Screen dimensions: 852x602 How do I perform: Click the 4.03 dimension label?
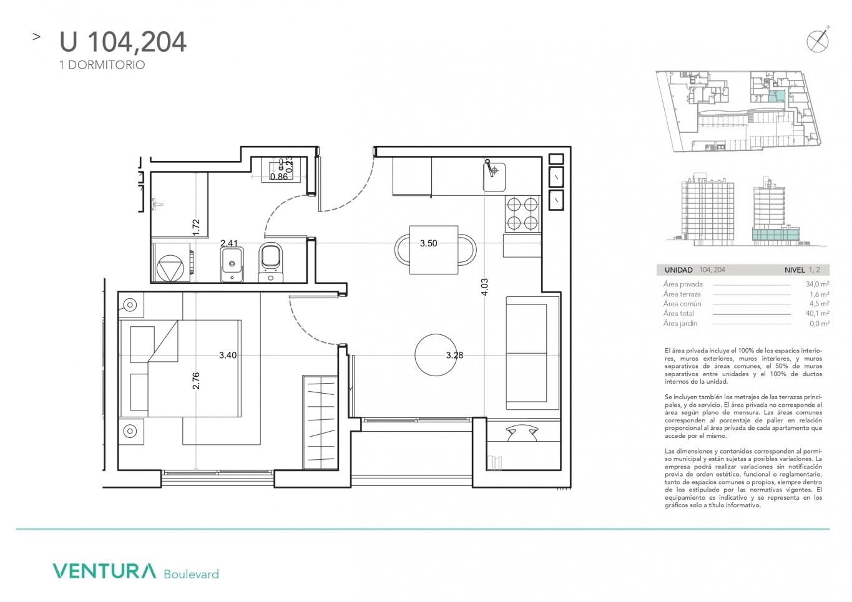pos(484,287)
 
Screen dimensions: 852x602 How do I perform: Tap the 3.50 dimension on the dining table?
pos(428,243)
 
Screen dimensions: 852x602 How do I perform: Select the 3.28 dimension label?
pos(454,355)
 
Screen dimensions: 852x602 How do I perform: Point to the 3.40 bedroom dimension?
pos(228,355)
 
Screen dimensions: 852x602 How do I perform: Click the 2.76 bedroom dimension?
pos(196,381)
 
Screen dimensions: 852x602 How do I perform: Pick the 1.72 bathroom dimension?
pos(196,227)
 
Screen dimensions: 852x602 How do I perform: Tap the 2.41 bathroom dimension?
pos(229,243)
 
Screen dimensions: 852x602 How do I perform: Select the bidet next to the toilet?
pos(232,264)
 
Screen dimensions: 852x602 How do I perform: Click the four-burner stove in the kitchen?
pos(522,214)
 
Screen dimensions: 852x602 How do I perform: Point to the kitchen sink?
pos(494,177)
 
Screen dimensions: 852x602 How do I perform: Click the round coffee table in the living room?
pos(436,355)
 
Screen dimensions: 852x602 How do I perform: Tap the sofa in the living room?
pos(532,353)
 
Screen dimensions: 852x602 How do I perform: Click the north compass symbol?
pos(818,41)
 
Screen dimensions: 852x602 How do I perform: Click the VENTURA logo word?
pos(104,571)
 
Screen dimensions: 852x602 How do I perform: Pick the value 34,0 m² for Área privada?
pos(818,284)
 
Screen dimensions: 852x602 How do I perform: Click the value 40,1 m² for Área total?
pos(818,313)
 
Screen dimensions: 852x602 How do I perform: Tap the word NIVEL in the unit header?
pos(795,270)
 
